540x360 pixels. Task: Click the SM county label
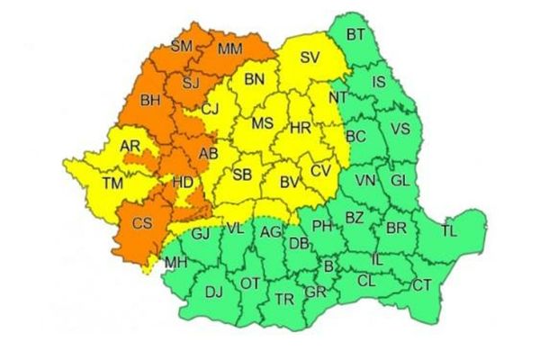(x=182, y=46)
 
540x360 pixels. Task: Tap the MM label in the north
(x=229, y=46)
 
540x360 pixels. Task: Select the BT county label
(x=355, y=35)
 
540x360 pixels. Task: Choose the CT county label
(x=421, y=285)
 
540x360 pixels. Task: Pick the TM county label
(x=112, y=183)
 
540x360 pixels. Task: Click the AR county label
(x=130, y=146)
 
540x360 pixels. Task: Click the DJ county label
(x=213, y=291)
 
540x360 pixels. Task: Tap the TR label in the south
(x=284, y=298)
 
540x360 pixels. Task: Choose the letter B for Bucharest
(x=328, y=265)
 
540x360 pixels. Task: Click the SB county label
(x=243, y=175)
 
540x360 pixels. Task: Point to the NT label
(x=338, y=97)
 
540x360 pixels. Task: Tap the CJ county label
(x=210, y=110)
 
